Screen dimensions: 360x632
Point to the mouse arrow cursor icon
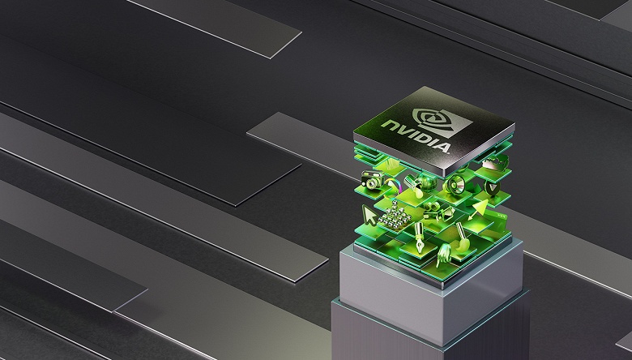[x=369, y=216]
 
